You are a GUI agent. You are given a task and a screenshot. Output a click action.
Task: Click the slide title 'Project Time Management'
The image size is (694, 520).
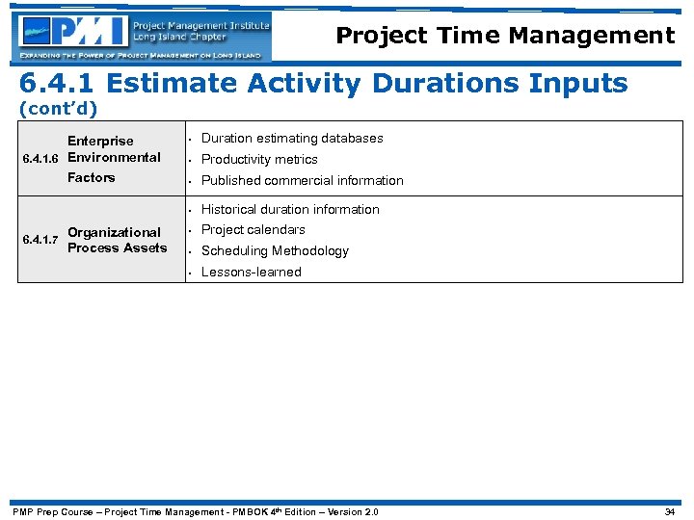click(x=505, y=37)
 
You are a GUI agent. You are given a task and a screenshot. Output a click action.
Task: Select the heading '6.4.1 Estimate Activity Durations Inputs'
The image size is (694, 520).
click(x=324, y=84)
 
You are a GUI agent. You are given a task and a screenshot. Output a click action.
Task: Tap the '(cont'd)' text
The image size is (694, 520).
click(x=59, y=109)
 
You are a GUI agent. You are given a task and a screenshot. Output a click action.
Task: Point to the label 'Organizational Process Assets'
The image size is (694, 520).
click(x=117, y=240)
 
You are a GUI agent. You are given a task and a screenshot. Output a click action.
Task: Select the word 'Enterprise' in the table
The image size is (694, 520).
click(x=100, y=141)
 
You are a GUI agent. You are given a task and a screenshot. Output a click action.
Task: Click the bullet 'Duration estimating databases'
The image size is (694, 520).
click(x=291, y=139)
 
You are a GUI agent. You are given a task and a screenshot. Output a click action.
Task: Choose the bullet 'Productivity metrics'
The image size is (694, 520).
click(x=258, y=160)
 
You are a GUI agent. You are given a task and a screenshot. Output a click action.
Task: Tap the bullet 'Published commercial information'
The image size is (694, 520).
click(x=302, y=181)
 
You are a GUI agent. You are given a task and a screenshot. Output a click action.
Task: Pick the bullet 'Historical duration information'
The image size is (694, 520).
click(x=289, y=209)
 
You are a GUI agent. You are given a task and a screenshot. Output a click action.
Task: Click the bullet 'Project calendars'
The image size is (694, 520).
click(x=253, y=230)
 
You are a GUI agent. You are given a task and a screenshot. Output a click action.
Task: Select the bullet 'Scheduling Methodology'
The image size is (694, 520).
click(x=275, y=251)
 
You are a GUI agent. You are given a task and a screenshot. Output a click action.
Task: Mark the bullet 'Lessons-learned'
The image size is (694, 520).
click(x=251, y=273)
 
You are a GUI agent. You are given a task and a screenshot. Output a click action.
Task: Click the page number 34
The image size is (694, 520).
click(x=670, y=511)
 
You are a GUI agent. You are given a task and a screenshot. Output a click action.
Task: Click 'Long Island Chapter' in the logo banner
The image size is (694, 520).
click(x=180, y=38)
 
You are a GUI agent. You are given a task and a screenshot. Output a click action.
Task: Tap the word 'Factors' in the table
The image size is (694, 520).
click(x=91, y=178)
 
